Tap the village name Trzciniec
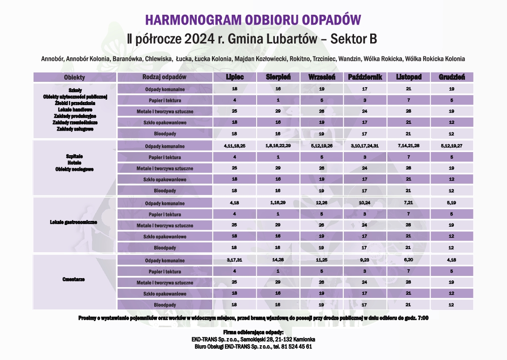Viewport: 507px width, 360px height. (324, 59)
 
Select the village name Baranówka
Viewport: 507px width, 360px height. (127, 59)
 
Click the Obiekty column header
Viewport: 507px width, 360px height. (74, 77)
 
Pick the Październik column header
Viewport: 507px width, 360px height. (365, 77)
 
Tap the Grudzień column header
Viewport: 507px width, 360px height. (452, 77)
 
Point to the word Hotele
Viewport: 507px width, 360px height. (75, 163)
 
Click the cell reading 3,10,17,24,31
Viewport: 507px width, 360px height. (364, 146)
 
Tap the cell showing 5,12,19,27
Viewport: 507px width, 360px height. (451, 146)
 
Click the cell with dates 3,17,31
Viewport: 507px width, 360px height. (234, 260)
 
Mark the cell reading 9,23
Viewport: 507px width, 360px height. (364, 260)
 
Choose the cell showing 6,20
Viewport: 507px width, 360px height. (408, 260)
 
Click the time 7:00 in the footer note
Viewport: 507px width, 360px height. (422, 318)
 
